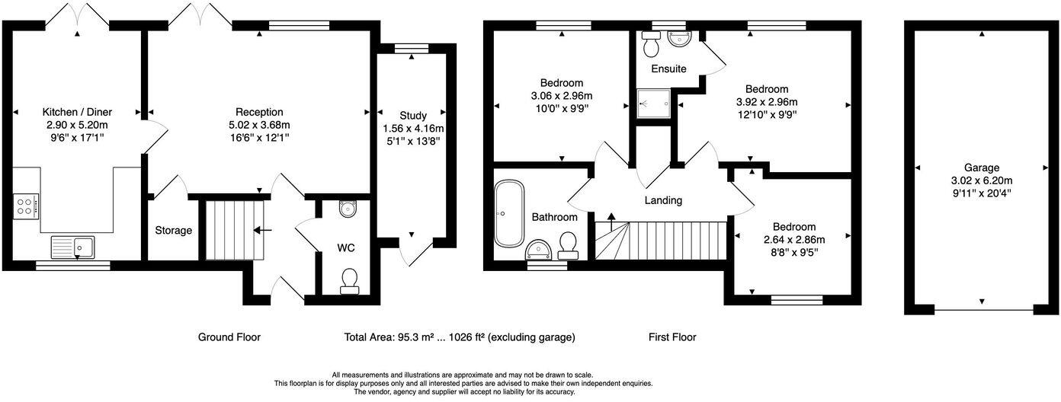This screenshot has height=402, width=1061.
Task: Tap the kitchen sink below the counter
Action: point(72,247)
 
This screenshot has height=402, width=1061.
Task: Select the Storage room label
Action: point(174,230)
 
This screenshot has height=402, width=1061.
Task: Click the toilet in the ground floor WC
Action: point(350,280)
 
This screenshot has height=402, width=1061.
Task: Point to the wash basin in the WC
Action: point(348,209)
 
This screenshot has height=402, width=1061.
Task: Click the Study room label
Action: point(412,115)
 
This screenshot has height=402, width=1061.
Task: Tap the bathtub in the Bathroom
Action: point(508,213)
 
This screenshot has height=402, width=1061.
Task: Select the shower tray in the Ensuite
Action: point(653,103)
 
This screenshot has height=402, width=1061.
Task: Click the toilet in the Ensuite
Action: point(651,47)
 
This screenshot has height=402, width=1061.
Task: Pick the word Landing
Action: point(663,200)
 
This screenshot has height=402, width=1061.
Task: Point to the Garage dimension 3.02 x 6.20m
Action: point(980,180)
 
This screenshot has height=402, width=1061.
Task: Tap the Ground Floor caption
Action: point(229,337)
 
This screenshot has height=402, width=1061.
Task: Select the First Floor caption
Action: point(672,337)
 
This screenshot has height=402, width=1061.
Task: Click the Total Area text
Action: point(460,337)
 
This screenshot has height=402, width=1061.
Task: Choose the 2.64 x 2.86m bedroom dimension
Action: point(793,240)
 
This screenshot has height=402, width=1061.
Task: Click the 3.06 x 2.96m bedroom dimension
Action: point(562,96)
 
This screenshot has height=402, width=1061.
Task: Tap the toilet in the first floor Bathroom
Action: point(567,243)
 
